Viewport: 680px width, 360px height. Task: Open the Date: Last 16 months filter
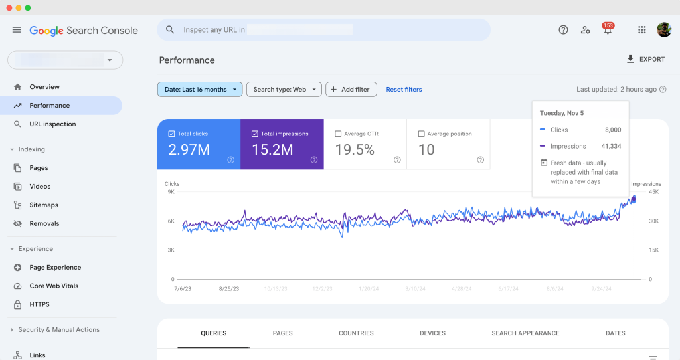tap(199, 90)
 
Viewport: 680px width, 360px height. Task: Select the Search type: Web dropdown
tap(284, 90)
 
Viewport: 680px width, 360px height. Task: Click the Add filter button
tap(351, 90)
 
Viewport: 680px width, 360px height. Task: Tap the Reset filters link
tap(404, 90)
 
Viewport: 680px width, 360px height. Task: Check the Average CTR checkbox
tap(339, 134)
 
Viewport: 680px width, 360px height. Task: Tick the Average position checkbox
tap(422, 134)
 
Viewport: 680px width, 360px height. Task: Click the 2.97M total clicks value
tap(189, 150)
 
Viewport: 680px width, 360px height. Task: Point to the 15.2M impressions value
tap(272, 150)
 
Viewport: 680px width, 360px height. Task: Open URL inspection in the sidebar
tap(52, 124)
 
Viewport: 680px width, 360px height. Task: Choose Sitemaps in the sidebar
tap(44, 205)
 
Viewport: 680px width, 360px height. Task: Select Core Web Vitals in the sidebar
tap(54, 286)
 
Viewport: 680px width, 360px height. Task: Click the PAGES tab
tap(282, 333)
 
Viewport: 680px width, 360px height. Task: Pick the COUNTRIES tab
tap(356, 333)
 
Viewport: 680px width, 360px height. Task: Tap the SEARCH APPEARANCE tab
tap(525, 333)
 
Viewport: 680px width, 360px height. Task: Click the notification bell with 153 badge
tap(607, 30)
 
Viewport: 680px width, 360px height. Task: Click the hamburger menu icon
tap(17, 30)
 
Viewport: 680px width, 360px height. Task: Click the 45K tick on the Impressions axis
tap(653, 192)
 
